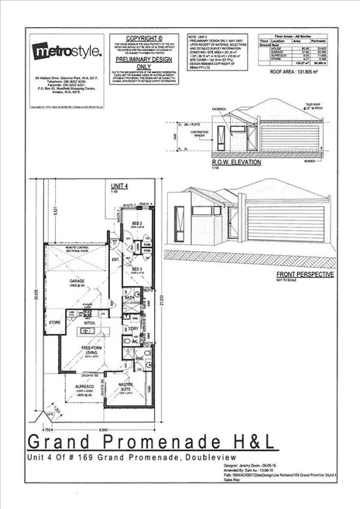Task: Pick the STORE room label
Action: (x=53, y=322)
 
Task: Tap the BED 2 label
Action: (x=135, y=223)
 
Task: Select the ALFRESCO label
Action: (x=84, y=387)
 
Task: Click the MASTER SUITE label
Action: (x=126, y=387)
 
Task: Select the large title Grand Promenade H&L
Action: (x=150, y=441)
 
